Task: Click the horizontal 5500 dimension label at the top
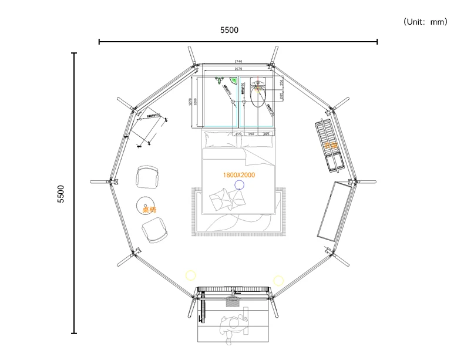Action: [229, 30]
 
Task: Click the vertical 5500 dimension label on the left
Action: [61, 194]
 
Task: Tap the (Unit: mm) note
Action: [425, 22]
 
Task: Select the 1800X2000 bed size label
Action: [239, 175]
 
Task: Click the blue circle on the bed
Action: [240, 185]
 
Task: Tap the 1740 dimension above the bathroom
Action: [238, 62]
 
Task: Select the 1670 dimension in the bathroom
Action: [238, 69]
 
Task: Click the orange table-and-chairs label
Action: [149, 209]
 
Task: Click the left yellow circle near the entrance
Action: [190, 274]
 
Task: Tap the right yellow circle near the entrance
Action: [278, 280]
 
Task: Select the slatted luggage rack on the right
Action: [329, 144]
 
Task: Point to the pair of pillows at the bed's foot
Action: [227, 200]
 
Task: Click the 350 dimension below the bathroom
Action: [251, 134]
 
